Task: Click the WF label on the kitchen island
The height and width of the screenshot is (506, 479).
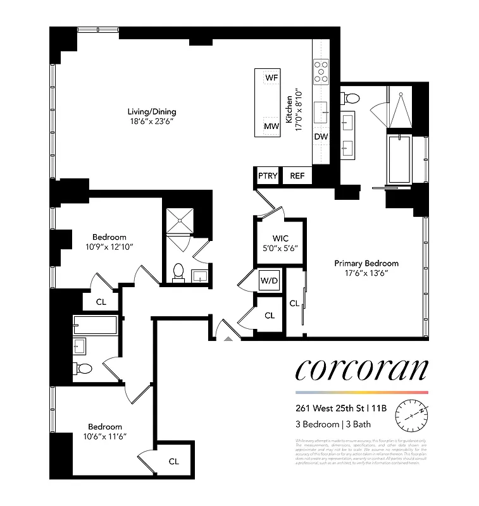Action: [x=271, y=77]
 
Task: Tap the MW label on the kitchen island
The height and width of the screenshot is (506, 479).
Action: [x=271, y=126]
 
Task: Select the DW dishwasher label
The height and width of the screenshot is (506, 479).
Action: [x=321, y=136]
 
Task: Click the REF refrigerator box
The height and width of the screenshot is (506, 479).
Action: [x=297, y=176]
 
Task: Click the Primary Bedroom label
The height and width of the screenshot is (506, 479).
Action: [x=366, y=263]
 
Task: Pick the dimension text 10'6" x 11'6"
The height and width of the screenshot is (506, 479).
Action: [x=104, y=436]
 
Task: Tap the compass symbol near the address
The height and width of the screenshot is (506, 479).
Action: [x=412, y=414]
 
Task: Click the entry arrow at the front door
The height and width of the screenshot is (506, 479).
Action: [x=228, y=338]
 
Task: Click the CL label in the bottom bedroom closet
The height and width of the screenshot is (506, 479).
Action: [x=173, y=461]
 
